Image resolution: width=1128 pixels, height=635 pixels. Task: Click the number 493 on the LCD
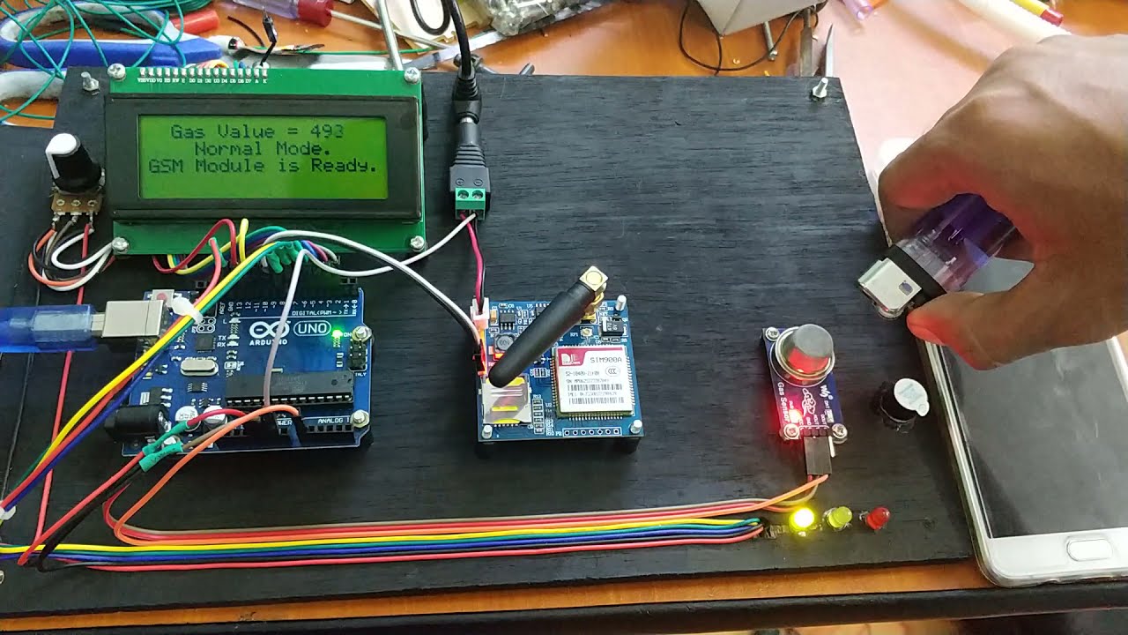point(326,132)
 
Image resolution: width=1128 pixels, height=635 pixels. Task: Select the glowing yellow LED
point(802,519)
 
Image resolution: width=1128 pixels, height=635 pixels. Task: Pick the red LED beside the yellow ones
point(877,518)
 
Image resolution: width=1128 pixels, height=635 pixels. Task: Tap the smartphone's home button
point(1089,549)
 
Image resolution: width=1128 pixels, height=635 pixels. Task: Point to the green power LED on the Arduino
point(337,334)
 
